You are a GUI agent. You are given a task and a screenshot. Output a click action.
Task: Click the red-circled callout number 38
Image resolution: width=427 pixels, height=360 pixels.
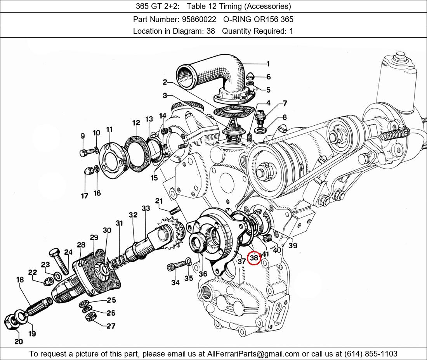click(x=254, y=258)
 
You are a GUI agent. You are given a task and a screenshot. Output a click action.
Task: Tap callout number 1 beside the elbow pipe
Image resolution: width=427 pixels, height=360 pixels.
click(x=268, y=64)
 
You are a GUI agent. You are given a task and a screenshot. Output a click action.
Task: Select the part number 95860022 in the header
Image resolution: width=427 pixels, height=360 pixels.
click(x=199, y=19)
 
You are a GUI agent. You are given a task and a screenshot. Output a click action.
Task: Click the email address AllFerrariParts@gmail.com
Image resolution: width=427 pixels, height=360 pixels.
click(x=253, y=354)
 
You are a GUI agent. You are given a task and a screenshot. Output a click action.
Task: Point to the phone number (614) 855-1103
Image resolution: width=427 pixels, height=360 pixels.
click(x=371, y=354)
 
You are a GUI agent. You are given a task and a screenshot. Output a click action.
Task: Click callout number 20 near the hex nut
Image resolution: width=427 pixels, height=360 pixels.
click(x=19, y=341)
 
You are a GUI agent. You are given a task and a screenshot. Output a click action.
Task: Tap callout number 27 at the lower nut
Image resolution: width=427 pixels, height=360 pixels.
click(x=111, y=326)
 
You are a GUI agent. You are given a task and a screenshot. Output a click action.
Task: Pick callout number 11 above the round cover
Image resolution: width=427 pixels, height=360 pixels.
click(x=109, y=129)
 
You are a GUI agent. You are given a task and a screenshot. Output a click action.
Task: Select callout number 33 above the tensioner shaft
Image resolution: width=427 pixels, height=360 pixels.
click(x=146, y=208)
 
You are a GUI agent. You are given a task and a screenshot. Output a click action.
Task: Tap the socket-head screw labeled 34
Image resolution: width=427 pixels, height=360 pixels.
click(x=176, y=265)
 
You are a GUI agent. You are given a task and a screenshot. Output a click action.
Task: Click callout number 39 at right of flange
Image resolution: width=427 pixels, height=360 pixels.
click(x=293, y=245)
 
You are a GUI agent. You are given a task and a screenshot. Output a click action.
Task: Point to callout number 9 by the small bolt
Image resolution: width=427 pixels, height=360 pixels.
click(x=83, y=136)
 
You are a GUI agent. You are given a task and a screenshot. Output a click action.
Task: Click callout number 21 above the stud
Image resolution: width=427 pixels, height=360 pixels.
click(x=159, y=201)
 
